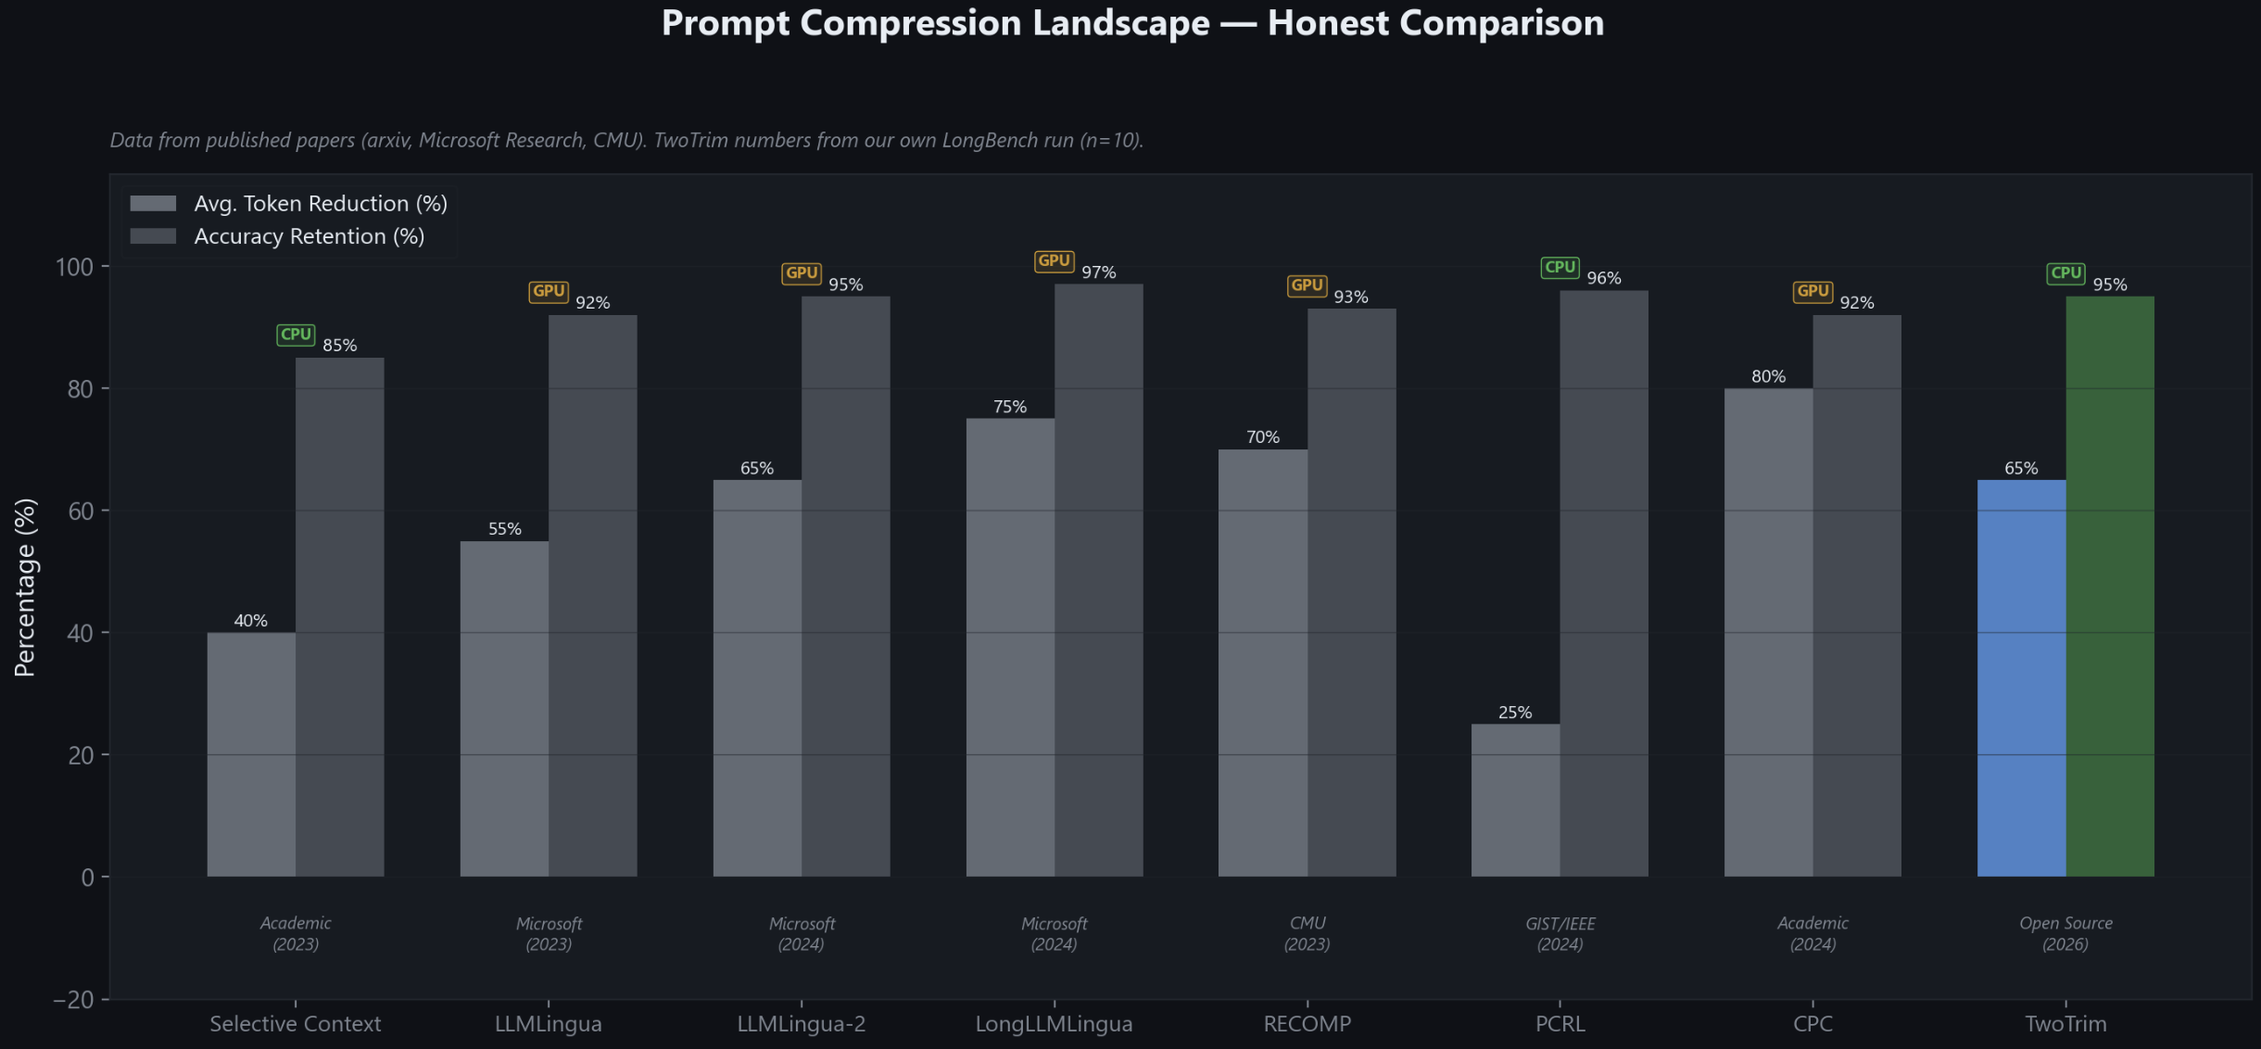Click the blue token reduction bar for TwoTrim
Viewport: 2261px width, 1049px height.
coord(2021,677)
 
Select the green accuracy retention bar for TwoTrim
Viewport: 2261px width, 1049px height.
coord(2110,586)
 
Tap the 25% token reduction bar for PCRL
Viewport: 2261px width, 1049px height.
coord(1515,800)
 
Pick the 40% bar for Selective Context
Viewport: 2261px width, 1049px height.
coord(251,754)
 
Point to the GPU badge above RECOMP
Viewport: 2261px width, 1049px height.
coord(1307,285)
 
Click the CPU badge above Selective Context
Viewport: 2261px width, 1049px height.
coord(296,335)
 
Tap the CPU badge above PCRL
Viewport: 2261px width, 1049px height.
coord(1560,268)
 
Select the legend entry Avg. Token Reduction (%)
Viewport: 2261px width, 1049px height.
coord(320,204)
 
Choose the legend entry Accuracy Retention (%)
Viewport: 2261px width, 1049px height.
coord(309,236)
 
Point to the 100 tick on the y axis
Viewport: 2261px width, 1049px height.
coord(75,267)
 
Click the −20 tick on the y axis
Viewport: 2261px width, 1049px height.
coord(73,1000)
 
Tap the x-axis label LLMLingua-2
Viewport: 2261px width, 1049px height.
coord(801,1024)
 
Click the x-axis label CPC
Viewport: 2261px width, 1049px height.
coord(1813,1024)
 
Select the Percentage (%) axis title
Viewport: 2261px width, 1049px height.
coord(25,588)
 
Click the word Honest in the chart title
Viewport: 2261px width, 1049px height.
coord(1327,23)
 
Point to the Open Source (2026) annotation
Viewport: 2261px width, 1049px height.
coord(2065,934)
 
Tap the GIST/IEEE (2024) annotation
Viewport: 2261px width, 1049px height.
coord(1560,934)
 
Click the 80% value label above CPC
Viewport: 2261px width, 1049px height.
coord(1768,376)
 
